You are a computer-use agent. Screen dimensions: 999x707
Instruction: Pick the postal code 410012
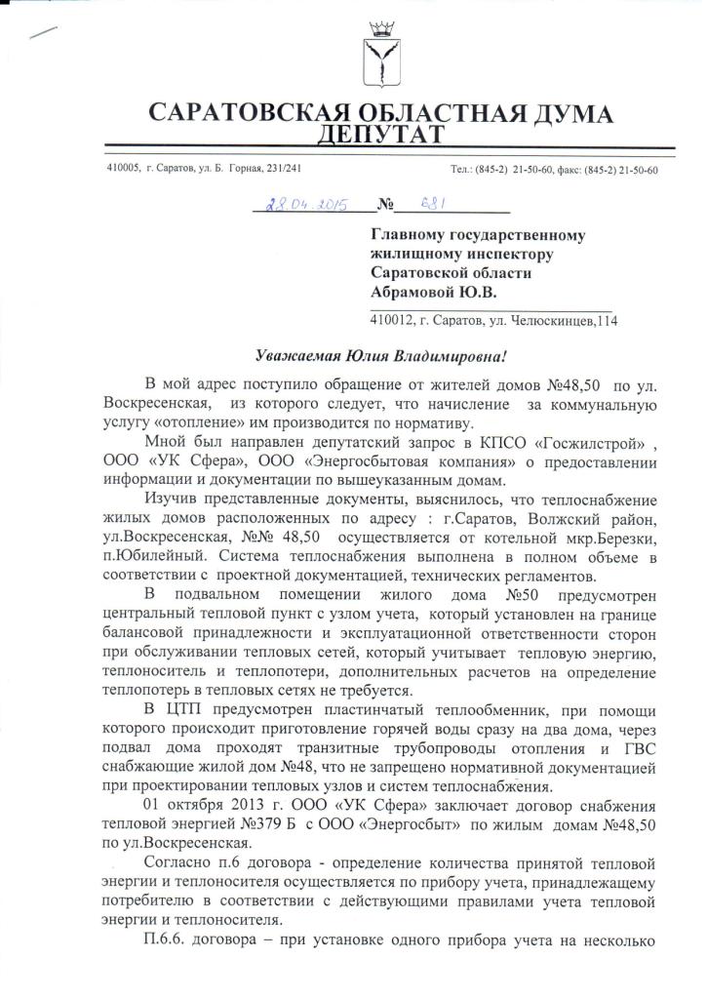(394, 319)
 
